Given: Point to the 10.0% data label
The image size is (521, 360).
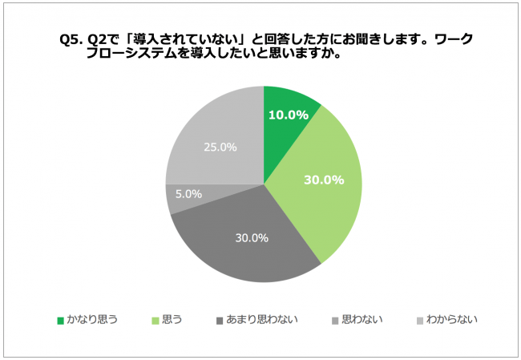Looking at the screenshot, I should [289, 115].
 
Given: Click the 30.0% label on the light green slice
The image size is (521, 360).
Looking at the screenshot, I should [324, 180].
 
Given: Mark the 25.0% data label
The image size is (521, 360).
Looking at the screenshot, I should [221, 147].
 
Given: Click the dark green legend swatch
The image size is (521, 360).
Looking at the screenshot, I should [60, 321].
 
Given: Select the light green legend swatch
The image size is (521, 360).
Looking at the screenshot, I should [155, 321].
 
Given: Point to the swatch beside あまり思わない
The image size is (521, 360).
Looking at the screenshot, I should [220, 321].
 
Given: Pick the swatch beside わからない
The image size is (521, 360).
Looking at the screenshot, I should [421, 321].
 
